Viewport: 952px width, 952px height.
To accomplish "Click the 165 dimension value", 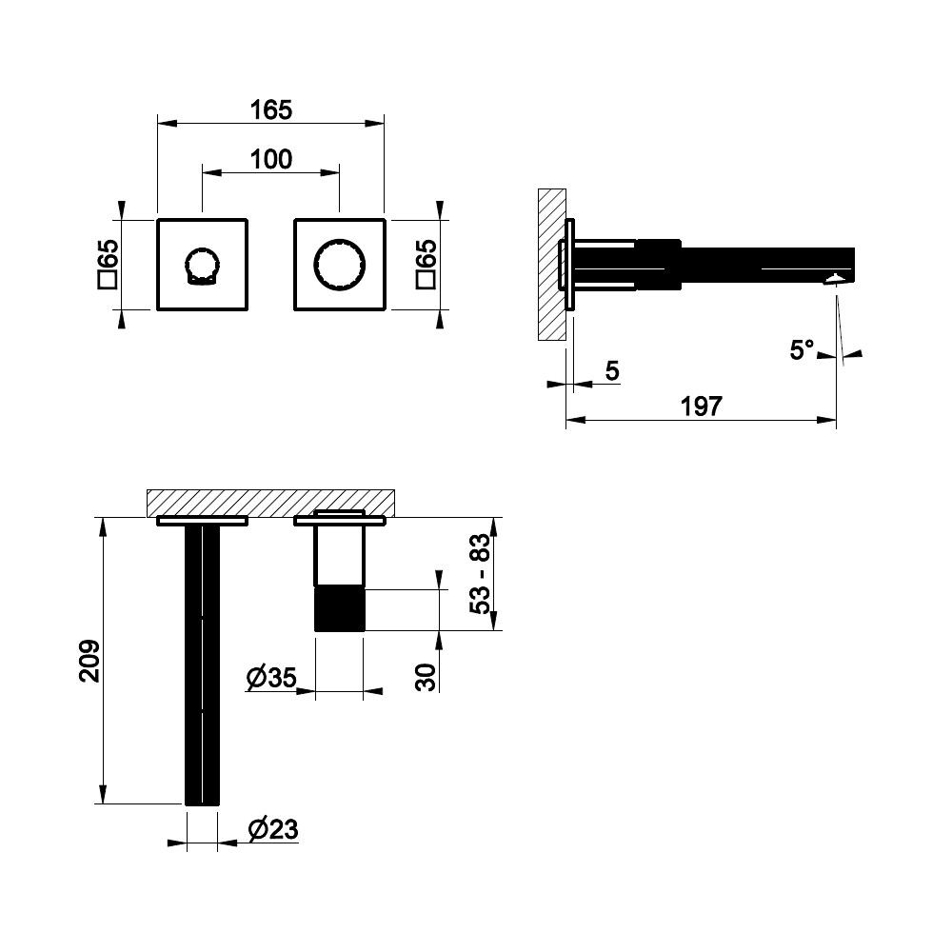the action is [x=270, y=109].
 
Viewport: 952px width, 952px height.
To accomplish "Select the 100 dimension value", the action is [x=270, y=160].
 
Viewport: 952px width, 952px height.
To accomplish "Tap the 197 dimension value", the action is [x=701, y=407].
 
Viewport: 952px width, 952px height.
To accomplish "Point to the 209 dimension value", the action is [x=89, y=661].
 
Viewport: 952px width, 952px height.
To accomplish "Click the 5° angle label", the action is [x=802, y=349].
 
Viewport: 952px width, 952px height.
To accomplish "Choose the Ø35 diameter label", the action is [x=271, y=678].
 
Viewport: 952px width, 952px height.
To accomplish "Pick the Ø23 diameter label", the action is [x=273, y=829].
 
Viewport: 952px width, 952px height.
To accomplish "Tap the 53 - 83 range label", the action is [x=479, y=574].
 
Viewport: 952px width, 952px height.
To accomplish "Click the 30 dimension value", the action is [x=426, y=678].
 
